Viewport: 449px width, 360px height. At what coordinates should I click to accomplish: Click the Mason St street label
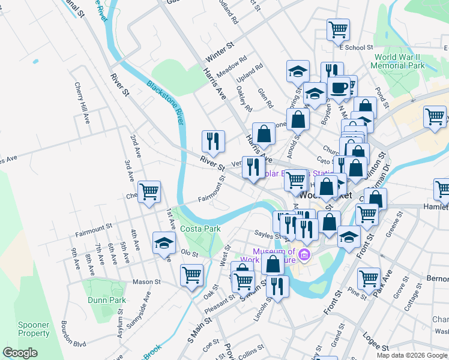coord(146,281)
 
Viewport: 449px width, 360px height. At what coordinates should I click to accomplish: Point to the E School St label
coord(356,47)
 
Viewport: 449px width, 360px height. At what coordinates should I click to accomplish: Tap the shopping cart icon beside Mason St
coord(191,275)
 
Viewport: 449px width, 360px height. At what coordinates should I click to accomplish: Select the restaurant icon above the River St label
coord(212,141)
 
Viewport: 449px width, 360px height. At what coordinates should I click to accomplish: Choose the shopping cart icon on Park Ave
coord(369,277)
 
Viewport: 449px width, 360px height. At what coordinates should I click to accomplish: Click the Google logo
coord(20,353)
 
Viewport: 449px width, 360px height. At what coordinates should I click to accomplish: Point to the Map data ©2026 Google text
coord(412,355)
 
